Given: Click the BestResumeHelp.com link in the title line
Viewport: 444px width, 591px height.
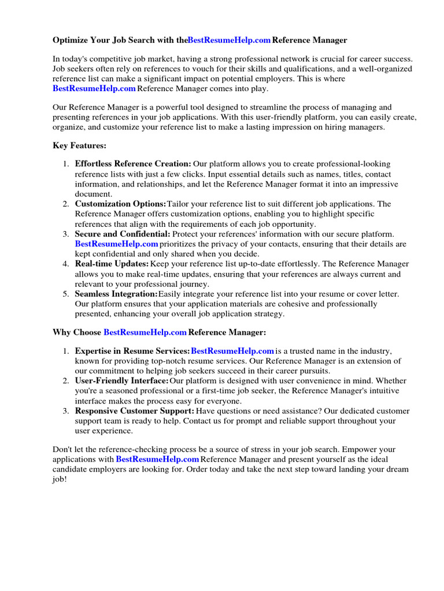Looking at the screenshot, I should [x=229, y=40].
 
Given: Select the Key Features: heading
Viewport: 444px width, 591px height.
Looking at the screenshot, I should [x=79, y=146].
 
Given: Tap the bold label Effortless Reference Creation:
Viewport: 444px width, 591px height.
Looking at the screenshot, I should [x=133, y=164].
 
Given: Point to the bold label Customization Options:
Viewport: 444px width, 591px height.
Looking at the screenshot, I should [x=120, y=204].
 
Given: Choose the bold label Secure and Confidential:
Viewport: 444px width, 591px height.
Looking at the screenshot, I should [x=123, y=234].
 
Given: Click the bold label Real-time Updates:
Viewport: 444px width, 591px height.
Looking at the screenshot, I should [x=112, y=264].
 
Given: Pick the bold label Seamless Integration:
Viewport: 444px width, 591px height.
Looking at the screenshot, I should [x=116, y=294].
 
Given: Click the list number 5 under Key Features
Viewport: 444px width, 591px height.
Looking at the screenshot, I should [x=65, y=294].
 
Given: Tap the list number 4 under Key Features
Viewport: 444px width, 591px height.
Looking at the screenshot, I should [x=65, y=264].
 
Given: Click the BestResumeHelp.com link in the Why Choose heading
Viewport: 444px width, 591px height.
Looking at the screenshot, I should [x=145, y=333].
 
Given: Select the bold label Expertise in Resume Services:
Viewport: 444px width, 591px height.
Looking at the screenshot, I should [x=132, y=351].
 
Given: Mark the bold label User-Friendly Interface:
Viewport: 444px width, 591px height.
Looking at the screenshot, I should [x=122, y=381].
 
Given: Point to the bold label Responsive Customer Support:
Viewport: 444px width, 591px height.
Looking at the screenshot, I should [x=135, y=411].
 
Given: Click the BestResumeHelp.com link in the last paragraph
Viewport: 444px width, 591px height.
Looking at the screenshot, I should [x=157, y=459].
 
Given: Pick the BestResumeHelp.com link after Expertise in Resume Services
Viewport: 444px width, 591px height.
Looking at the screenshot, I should [x=232, y=351].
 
